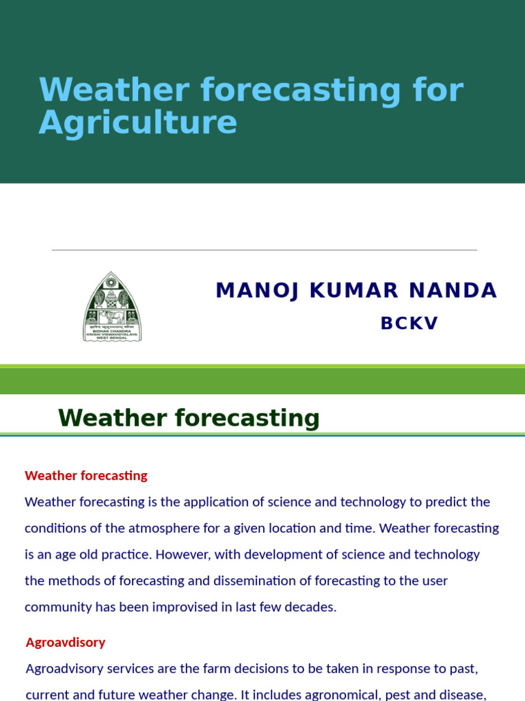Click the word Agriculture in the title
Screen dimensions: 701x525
138,123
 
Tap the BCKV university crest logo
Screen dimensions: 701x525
112,306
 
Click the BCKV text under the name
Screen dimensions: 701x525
409,323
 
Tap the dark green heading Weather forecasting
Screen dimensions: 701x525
189,418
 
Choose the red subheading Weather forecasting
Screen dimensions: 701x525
86,475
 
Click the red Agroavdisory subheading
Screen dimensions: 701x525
66,642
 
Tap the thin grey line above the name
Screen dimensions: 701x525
264,250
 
